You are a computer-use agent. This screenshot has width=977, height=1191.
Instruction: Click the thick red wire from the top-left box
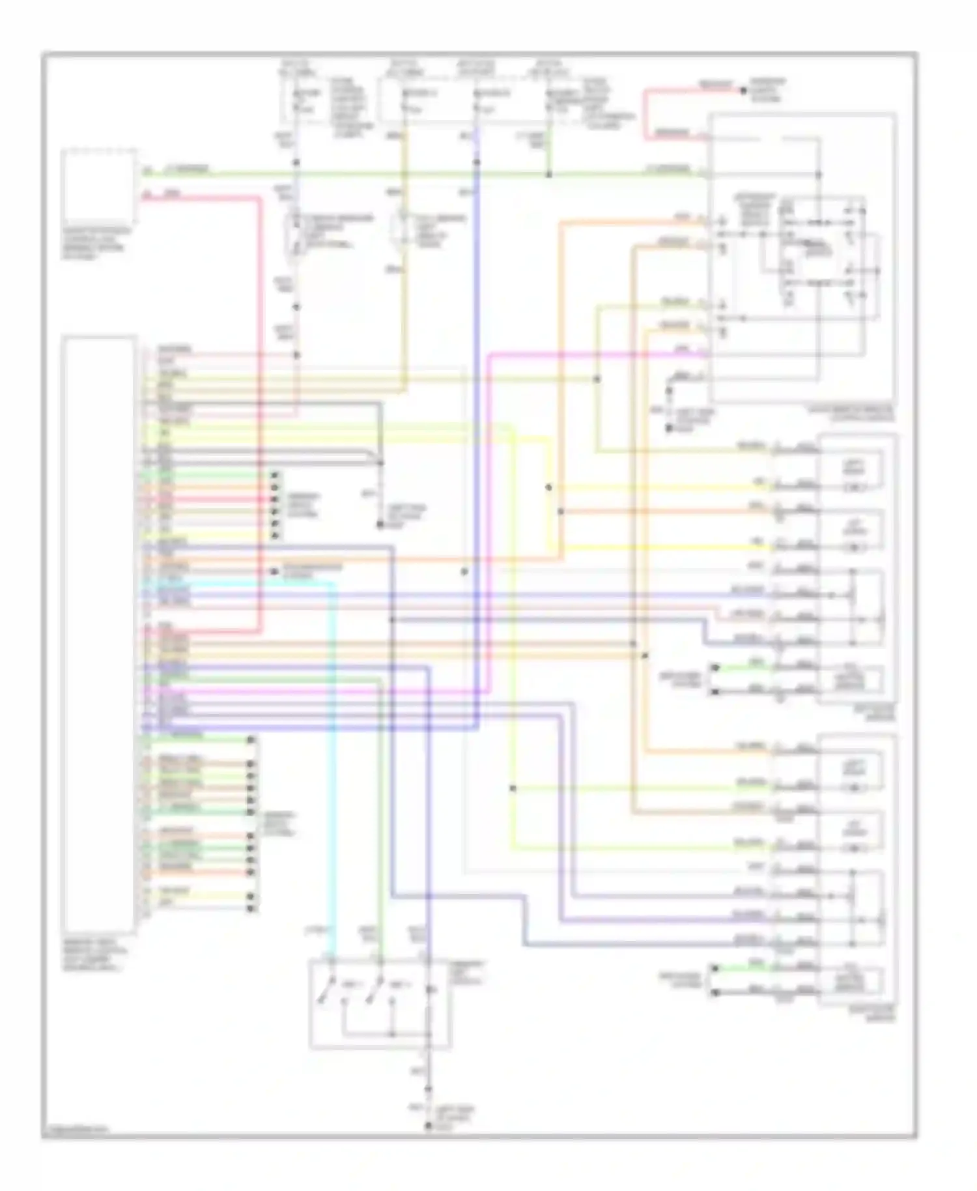(x=260, y=391)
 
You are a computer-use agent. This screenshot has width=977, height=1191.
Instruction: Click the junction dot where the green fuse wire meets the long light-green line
(x=548, y=175)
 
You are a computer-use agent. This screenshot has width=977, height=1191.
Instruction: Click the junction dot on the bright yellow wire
(x=548, y=487)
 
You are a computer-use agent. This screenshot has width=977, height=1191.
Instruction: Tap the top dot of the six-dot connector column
(x=276, y=475)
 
